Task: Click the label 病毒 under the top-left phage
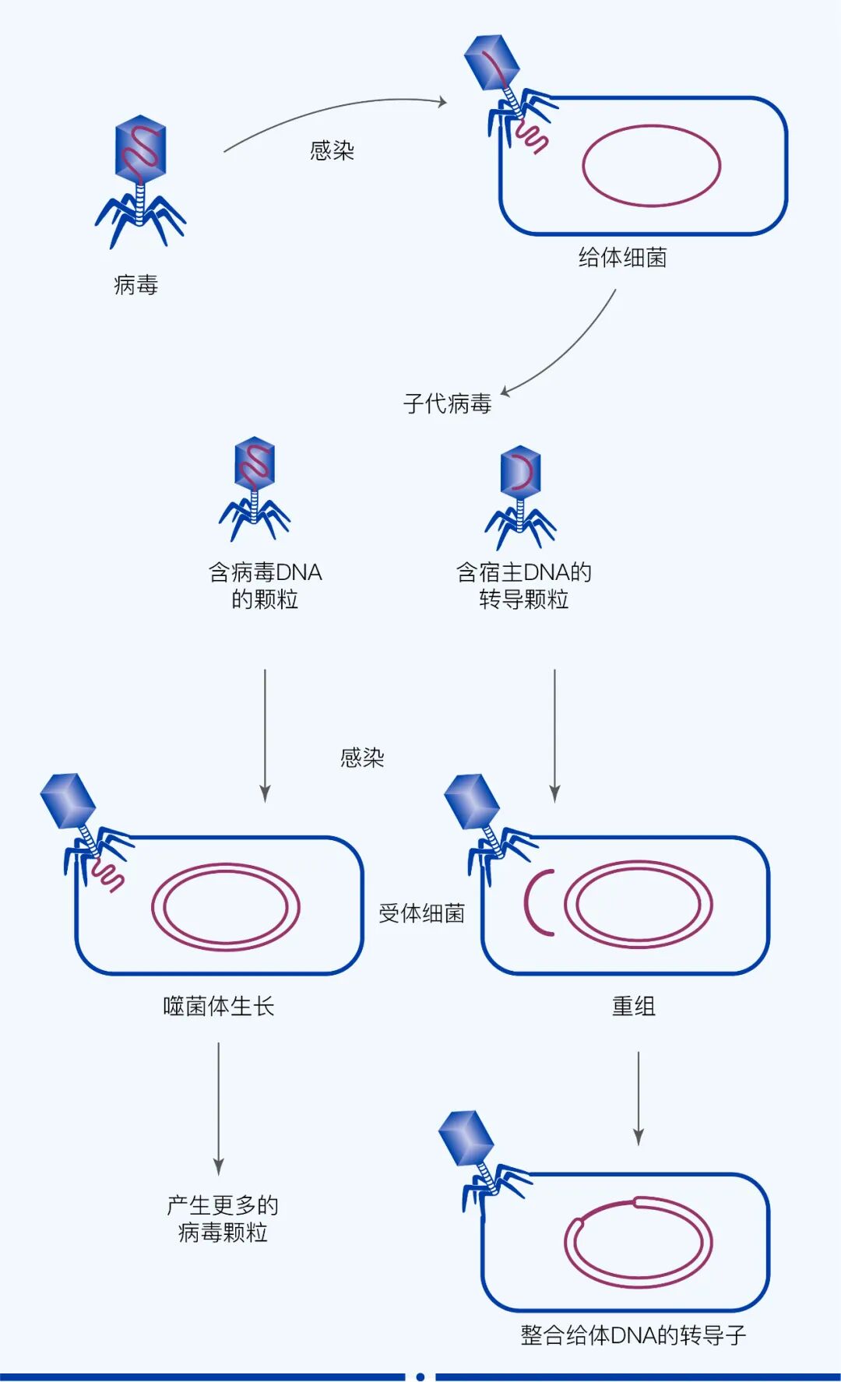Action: point(135,285)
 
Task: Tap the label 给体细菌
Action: point(622,258)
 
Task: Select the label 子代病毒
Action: point(447,403)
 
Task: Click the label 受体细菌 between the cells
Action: point(421,913)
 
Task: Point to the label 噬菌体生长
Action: point(219,1006)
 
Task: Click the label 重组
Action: point(633,1006)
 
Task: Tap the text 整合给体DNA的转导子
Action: point(633,1335)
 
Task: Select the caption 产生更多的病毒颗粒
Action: point(223,1218)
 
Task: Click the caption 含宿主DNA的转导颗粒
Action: point(523,586)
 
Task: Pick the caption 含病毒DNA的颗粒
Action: point(265,586)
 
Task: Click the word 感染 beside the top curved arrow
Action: point(332,150)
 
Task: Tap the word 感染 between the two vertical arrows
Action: point(362,758)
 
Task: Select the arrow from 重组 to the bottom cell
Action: point(639,1098)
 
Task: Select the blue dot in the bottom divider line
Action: point(420,1377)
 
